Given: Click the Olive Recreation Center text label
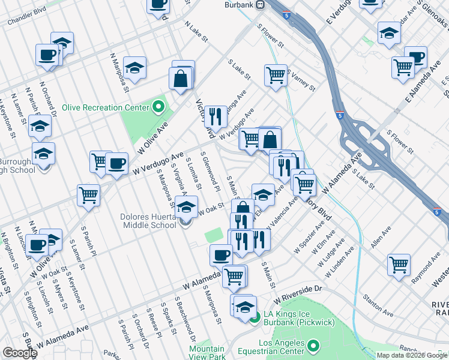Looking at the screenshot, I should click(x=111, y=107).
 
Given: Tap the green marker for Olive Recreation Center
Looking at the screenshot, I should click(x=158, y=107).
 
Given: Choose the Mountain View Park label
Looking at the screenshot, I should click(x=207, y=353).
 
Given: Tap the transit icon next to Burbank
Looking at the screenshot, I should click(x=260, y=5).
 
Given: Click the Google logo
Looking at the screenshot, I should click(x=19, y=353).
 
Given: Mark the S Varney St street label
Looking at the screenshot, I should click(x=301, y=80).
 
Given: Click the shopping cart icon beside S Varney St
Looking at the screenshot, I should click(x=275, y=75).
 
